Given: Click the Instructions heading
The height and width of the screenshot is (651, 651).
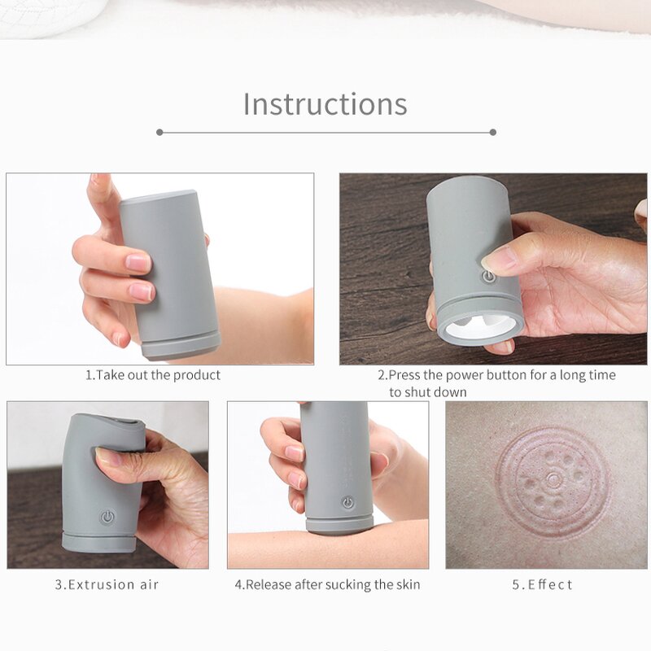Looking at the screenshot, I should pyautogui.click(x=325, y=104).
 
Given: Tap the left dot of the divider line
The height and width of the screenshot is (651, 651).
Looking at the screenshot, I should pyautogui.click(x=159, y=132).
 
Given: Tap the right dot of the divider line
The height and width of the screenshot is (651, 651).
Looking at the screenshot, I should pyautogui.click(x=493, y=132).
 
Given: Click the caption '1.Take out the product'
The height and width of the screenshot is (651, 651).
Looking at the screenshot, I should pyautogui.click(x=153, y=375).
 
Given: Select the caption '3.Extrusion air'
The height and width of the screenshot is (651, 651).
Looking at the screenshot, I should pyautogui.click(x=107, y=584).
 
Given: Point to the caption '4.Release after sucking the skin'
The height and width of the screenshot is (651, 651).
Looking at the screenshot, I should pyautogui.click(x=327, y=584).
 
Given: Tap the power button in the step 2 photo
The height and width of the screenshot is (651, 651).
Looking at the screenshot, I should pyautogui.click(x=488, y=277).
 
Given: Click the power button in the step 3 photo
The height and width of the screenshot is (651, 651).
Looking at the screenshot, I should pyautogui.click(x=107, y=517).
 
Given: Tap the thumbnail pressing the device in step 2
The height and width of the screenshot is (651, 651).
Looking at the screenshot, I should pyautogui.click(x=499, y=259).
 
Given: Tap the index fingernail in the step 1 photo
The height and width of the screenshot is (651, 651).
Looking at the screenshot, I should pyautogui.click(x=138, y=262).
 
